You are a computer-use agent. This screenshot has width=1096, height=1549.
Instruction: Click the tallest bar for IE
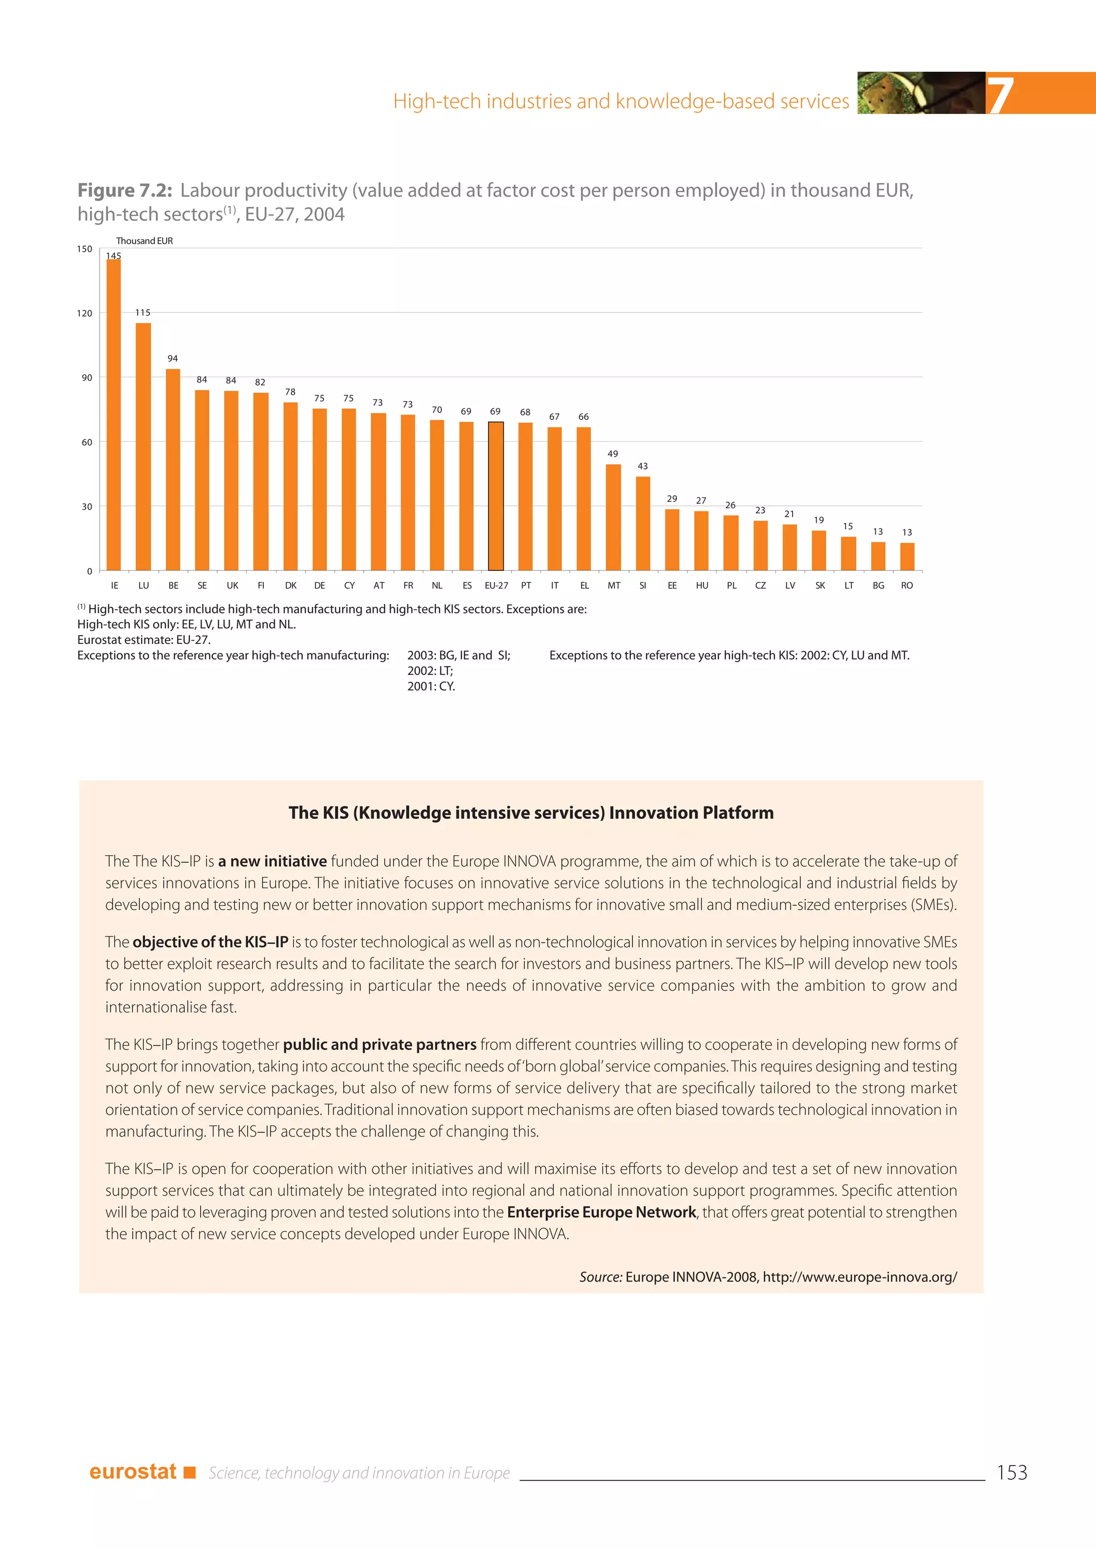click(113, 415)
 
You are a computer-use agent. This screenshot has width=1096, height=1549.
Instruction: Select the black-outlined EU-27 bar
click(496, 496)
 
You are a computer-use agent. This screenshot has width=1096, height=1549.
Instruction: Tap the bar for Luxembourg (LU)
click(143, 447)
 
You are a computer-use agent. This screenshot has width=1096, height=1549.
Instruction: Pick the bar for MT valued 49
click(613, 517)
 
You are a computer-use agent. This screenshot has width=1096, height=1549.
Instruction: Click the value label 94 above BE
click(173, 358)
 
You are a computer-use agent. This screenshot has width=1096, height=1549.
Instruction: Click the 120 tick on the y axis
click(85, 313)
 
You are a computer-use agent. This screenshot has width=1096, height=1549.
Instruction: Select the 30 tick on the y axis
click(87, 507)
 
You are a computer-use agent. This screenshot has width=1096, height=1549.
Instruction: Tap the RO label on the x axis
click(907, 586)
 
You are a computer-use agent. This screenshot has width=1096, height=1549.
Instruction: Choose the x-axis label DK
click(291, 586)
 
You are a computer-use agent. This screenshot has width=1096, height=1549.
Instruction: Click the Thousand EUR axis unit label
click(144, 241)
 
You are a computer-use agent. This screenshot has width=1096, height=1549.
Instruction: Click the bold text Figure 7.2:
click(125, 191)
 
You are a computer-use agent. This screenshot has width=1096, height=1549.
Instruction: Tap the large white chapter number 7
click(1000, 95)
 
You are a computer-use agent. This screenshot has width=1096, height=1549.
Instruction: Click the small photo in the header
click(920, 93)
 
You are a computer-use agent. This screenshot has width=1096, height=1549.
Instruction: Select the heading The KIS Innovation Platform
click(530, 813)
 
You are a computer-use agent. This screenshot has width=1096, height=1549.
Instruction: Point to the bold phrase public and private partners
click(379, 1045)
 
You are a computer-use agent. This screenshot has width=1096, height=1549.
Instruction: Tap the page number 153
click(1011, 1473)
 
